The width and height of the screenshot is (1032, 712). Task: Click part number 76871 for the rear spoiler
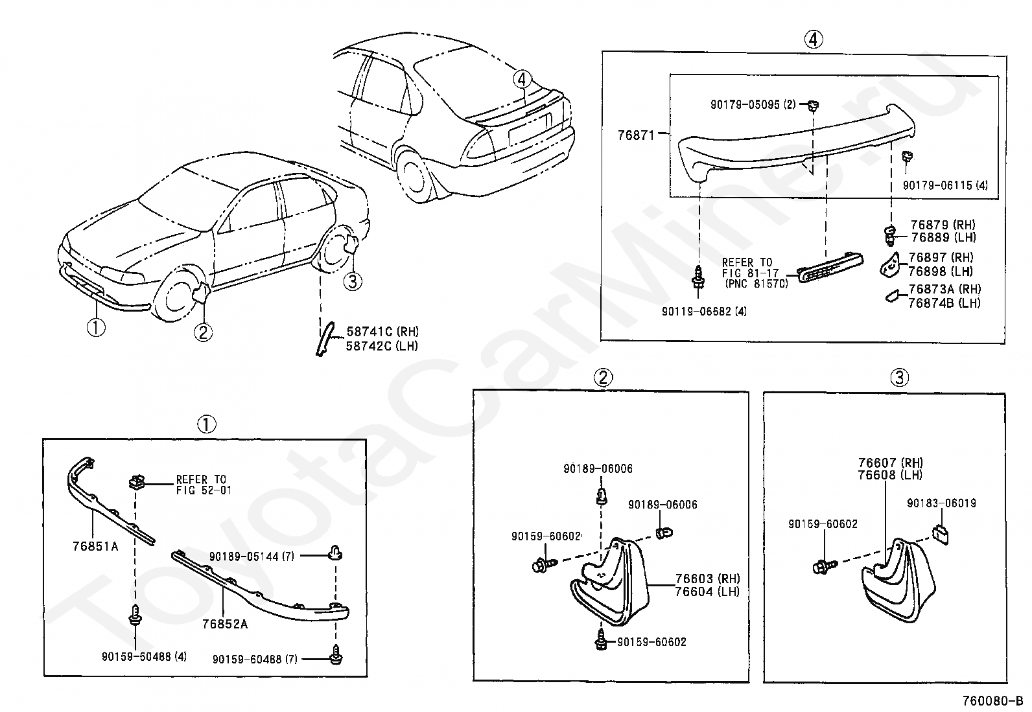tap(637, 136)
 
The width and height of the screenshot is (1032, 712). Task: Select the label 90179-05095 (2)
tap(752, 104)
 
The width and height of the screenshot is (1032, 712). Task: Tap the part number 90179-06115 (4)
tap(945, 185)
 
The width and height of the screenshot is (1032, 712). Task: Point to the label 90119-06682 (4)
tap(704, 312)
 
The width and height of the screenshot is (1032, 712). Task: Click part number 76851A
tap(95, 546)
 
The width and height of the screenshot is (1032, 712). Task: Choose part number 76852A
tap(224, 625)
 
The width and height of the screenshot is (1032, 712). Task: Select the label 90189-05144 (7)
tap(253, 556)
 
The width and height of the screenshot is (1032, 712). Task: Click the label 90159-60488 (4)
tap(144, 656)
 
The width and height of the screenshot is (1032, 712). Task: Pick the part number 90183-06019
tap(941, 503)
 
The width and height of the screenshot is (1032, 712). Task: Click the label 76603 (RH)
tap(707, 579)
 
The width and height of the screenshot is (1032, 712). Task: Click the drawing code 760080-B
tap(992, 701)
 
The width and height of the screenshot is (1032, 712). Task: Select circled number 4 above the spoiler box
tap(814, 40)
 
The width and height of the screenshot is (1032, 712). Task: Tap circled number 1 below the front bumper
tap(95, 328)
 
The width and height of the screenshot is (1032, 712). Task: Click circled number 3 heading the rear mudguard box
tap(899, 377)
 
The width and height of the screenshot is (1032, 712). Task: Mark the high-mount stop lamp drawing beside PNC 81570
tap(829, 270)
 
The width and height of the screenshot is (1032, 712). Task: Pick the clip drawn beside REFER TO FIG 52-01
tap(137, 482)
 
